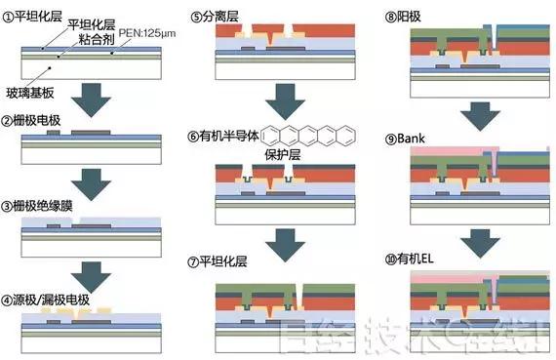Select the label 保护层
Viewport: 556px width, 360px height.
tap(281, 154)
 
